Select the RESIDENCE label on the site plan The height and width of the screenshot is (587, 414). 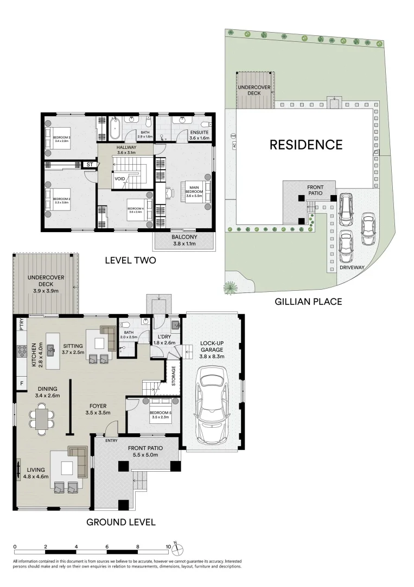point(307,145)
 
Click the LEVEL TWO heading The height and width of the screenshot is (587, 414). point(130,260)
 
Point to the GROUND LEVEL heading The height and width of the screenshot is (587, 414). point(121,522)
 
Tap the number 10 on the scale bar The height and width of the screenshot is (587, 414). point(168,546)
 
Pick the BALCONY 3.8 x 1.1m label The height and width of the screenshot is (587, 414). point(184,240)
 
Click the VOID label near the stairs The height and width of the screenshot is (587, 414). point(120,178)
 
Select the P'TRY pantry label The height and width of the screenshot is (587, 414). point(21,324)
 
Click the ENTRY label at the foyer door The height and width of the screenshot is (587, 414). point(112,440)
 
